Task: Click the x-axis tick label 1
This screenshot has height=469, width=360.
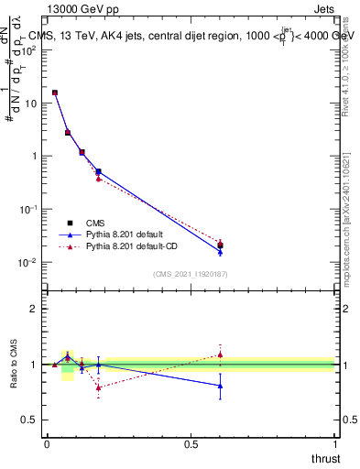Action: pos(335,444)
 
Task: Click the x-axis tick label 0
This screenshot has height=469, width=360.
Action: pos(47,444)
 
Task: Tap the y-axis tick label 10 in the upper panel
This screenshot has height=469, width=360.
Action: pos(31,104)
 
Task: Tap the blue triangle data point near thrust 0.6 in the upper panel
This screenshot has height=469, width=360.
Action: pos(220,251)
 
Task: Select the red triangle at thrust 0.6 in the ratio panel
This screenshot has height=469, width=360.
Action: pos(220,354)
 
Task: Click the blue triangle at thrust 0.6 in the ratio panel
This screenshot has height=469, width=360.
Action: pos(220,386)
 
